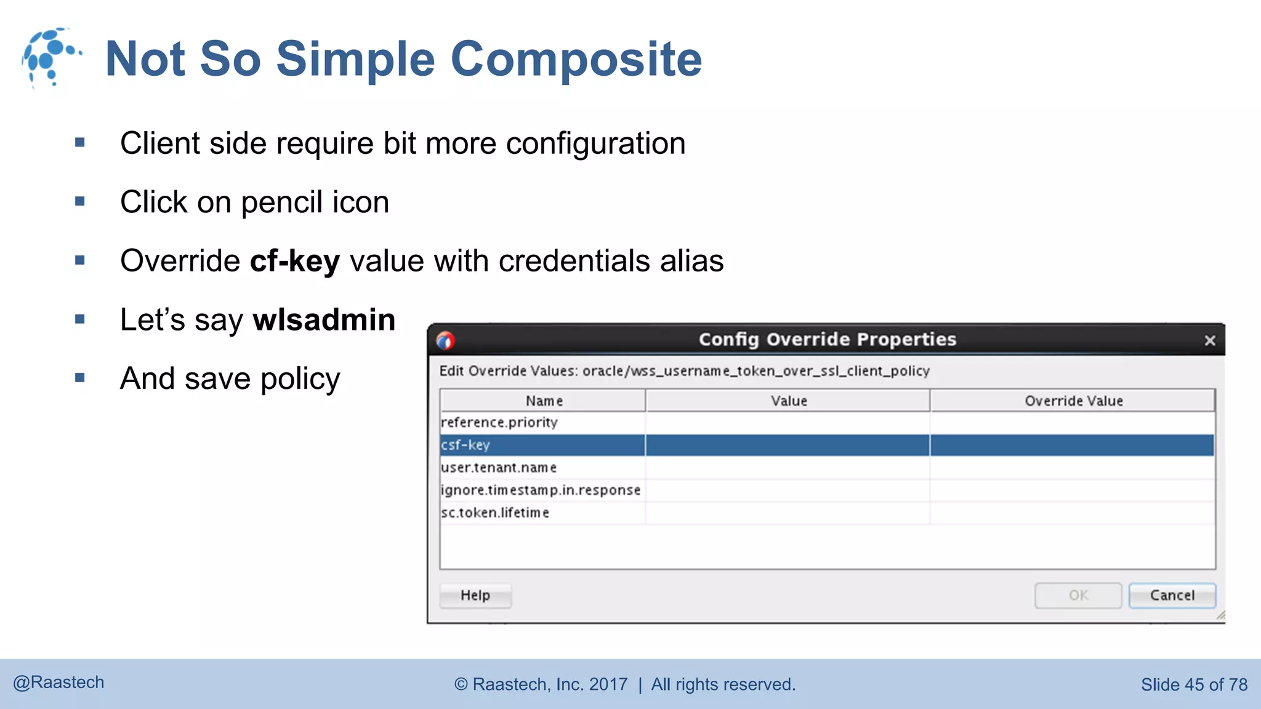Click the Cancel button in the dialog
(1172, 595)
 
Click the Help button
(475, 595)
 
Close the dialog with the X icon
(1209, 340)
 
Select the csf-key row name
(465, 445)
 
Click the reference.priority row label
(499, 422)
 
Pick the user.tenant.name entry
(499, 468)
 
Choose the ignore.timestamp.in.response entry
(541, 490)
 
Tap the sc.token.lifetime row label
(495, 513)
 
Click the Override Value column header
(1073, 401)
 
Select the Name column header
(544, 401)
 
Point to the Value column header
(789, 401)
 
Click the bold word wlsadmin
(324, 320)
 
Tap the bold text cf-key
(295, 261)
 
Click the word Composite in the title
(576, 59)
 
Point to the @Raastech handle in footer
(59, 683)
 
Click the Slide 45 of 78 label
(1194, 684)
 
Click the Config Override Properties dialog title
(827, 339)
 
